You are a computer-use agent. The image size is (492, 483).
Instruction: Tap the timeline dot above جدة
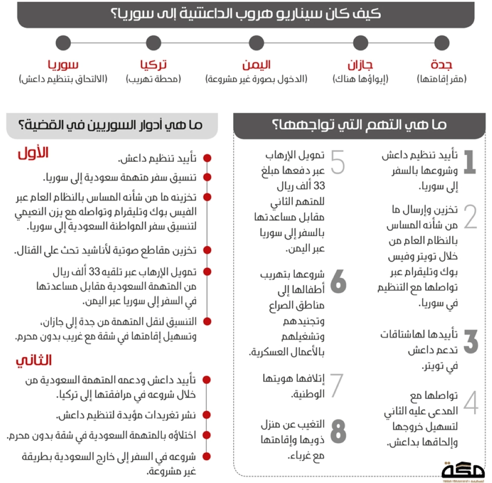click(x=442, y=43)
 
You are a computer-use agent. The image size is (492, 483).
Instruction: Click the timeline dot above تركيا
click(x=154, y=43)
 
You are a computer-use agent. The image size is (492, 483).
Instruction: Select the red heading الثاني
click(x=33, y=360)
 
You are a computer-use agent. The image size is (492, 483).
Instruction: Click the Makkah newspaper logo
click(x=463, y=472)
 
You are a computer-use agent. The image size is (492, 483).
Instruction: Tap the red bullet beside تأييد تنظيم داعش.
click(x=207, y=158)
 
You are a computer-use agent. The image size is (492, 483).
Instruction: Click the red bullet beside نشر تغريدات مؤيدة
click(x=207, y=416)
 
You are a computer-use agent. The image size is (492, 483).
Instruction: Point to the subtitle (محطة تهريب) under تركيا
click(x=154, y=79)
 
